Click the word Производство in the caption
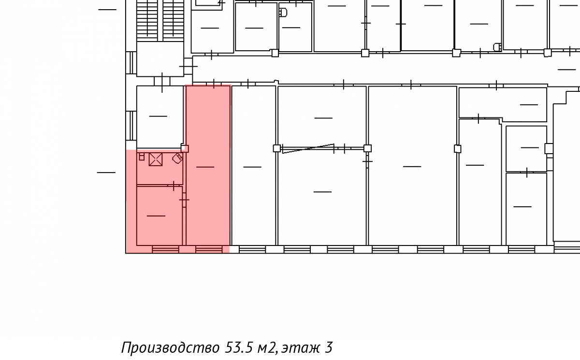[170, 348]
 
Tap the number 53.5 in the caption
[238, 347]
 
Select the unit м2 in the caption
[266, 348]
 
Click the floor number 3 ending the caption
[328, 347]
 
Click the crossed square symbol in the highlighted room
[156, 159]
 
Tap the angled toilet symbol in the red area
[178, 158]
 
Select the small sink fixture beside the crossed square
[142, 157]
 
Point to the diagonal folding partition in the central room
[308, 148]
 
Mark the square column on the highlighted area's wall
[185, 148]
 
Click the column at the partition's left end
[277, 148]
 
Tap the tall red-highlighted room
[208, 166]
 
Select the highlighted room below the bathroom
[159, 216]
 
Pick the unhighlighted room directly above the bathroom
[160, 117]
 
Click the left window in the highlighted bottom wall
[165, 249]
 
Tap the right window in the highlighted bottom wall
[209, 249]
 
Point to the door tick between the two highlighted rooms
[184, 200]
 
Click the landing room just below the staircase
[160, 59]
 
